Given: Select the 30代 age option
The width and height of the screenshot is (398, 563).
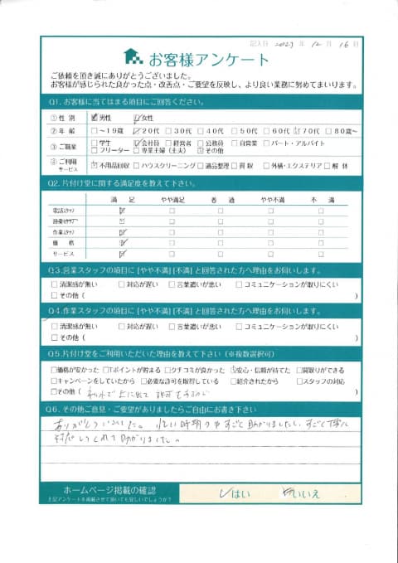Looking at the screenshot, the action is click(169, 130).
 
